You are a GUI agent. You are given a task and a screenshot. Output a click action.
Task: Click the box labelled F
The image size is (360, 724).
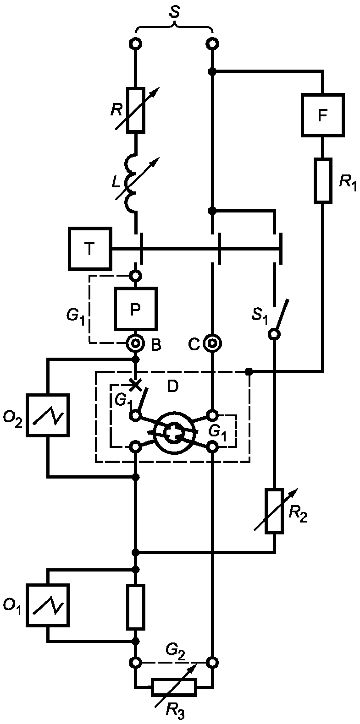tap(322, 115)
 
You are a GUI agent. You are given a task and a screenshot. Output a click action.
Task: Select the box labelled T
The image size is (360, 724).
tap(90, 249)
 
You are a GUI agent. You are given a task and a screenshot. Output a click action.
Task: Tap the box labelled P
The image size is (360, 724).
tap(135, 309)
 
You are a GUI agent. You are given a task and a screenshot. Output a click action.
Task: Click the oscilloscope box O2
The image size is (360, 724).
tap(48, 415)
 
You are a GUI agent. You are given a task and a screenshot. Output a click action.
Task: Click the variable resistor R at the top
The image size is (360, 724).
tap(135, 110)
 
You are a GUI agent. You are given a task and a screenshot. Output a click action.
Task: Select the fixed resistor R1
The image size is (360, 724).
tap(323, 180)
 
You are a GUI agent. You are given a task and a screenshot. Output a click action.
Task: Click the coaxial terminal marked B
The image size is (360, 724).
tap(135, 343)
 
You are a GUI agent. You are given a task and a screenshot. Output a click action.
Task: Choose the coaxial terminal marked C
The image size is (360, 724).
tap(212, 343)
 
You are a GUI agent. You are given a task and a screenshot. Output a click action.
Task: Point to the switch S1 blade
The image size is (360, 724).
tap(280, 317)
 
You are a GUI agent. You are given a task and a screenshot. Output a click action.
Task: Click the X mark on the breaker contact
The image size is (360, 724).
tap(136, 384)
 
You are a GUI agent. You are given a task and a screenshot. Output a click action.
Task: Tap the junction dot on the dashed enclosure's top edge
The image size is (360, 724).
tap(249, 372)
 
